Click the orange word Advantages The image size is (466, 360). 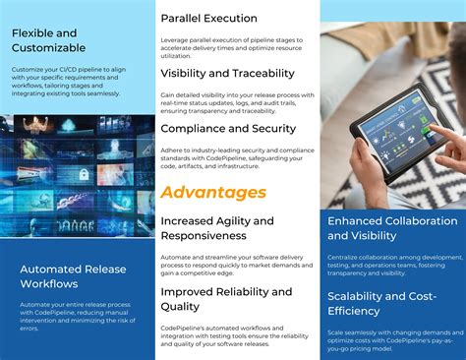(213, 192)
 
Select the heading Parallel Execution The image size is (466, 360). (208, 18)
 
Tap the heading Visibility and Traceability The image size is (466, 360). (227, 73)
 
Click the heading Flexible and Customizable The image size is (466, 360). (49, 39)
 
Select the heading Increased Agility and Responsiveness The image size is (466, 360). (217, 228)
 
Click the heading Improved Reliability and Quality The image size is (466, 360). (226, 299)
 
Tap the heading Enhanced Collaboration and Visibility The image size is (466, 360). (391, 228)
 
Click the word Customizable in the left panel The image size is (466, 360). (49, 47)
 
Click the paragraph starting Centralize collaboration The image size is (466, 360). (393, 264)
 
